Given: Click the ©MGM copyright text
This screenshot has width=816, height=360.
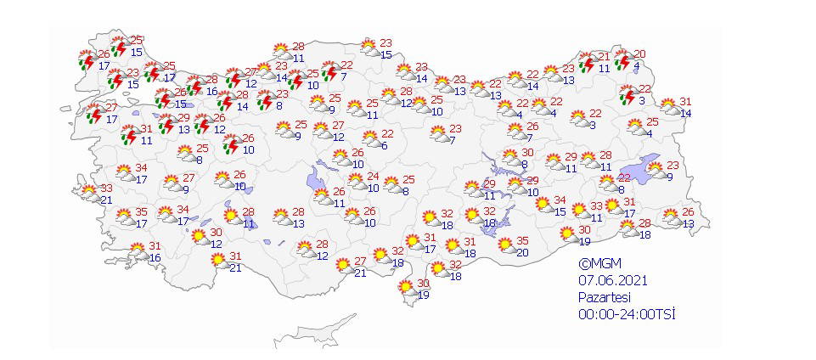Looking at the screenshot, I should click(x=597, y=263).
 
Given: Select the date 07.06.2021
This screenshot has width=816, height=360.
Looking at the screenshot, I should click(x=608, y=279).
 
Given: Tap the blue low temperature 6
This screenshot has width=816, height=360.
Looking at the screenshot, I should click(x=384, y=146).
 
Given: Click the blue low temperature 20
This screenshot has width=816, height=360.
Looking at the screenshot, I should click(x=523, y=252).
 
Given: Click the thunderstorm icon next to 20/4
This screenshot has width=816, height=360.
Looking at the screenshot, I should click(x=622, y=60).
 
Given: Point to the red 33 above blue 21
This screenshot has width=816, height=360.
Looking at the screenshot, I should click(x=107, y=188).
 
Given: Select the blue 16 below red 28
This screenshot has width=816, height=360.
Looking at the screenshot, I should click(x=211, y=91).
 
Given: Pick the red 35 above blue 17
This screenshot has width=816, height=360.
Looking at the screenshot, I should click(x=142, y=212).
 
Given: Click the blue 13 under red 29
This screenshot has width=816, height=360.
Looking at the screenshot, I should click(x=184, y=129).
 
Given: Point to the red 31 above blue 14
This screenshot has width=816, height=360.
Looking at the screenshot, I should click(x=685, y=102).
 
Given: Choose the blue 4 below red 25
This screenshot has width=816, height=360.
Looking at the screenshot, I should click(x=649, y=133).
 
